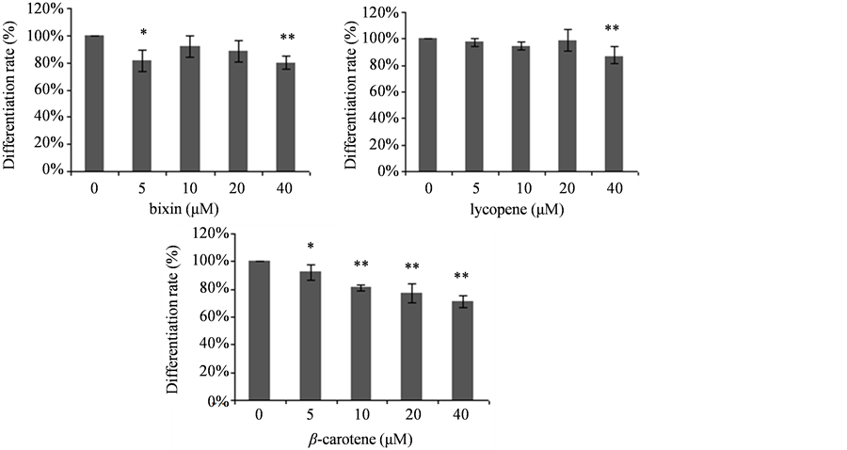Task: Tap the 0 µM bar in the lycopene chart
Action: tap(429, 104)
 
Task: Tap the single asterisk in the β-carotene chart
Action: tap(310, 247)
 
